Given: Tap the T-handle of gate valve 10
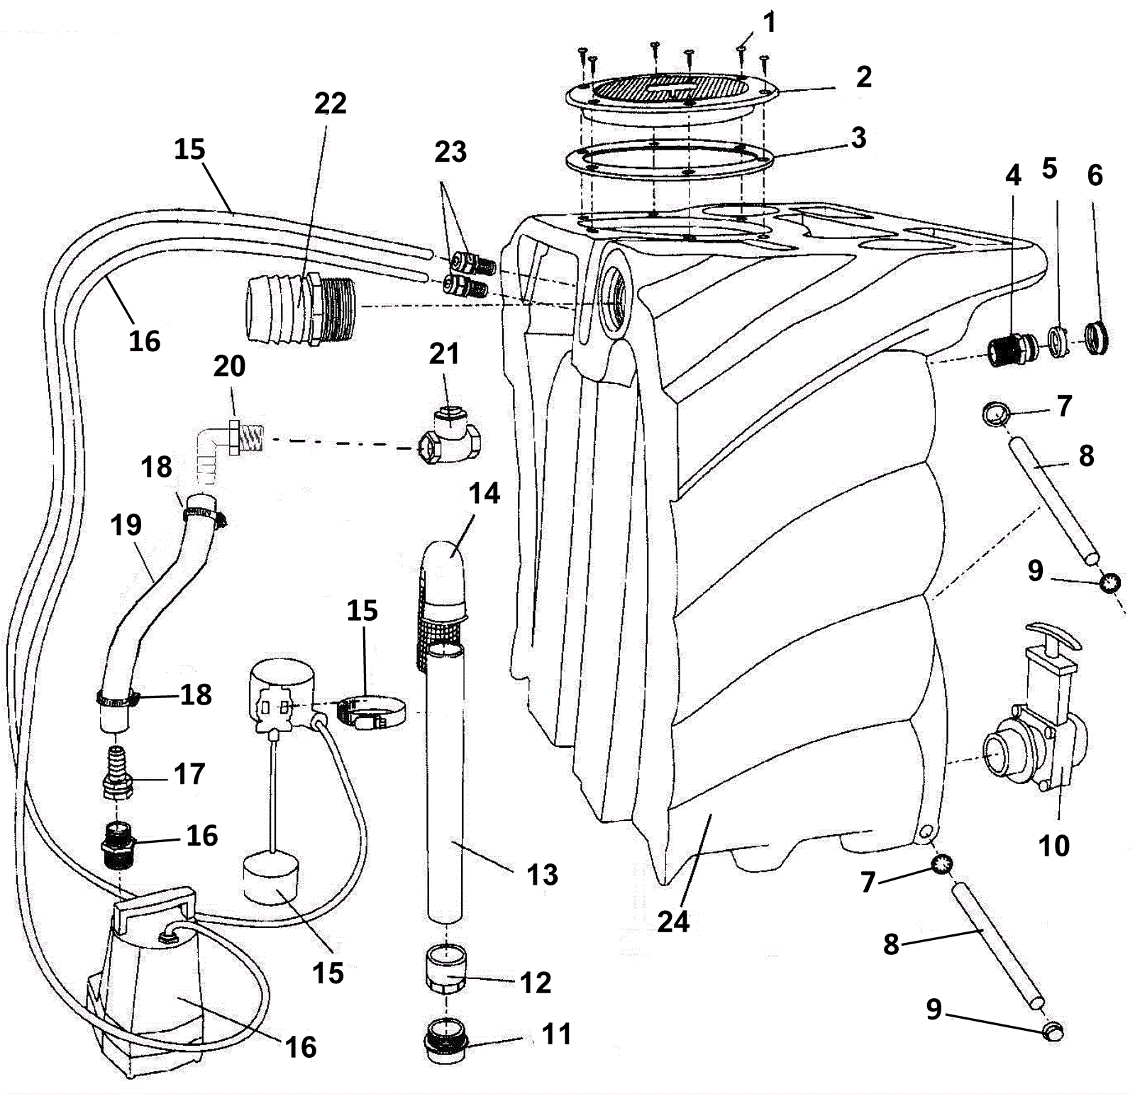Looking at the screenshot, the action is coord(1053,636).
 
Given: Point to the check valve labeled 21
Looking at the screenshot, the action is coord(451,432).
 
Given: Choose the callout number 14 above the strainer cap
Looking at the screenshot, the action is coord(485,493).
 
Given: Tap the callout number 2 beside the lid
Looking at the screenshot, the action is coord(863,77).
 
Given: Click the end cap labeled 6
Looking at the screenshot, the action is coord(1097,339).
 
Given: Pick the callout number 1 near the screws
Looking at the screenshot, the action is coord(769,23).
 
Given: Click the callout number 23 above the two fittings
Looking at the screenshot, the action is coord(450,151).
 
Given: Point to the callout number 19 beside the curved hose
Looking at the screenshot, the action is coord(126,525).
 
